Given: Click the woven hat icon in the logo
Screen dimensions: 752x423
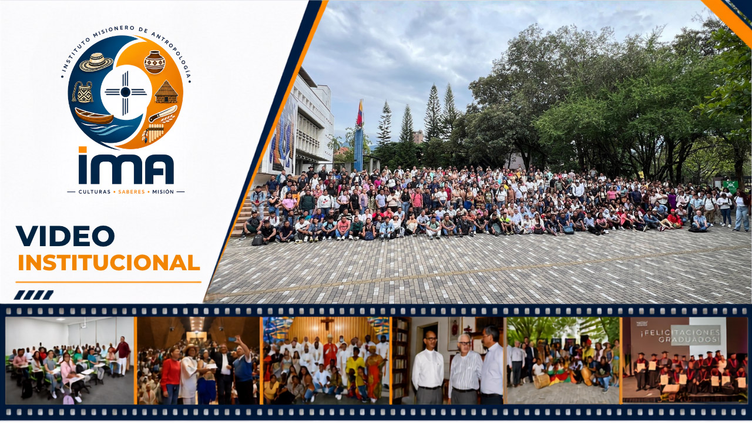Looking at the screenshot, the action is click(x=96, y=62).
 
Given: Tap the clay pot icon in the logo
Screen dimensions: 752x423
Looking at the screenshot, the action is click(x=155, y=62).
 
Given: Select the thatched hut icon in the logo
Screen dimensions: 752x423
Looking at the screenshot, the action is click(x=166, y=92).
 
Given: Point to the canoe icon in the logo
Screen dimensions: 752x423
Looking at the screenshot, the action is click(x=94, y=116).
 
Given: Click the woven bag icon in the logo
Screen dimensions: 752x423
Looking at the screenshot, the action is click(x=83, y=92).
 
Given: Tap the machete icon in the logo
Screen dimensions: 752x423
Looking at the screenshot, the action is click(x=163, y=113).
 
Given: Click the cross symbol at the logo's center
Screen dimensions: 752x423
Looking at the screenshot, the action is click(x=126, y=92).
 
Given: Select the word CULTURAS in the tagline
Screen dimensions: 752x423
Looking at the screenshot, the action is click(x=95, y=192).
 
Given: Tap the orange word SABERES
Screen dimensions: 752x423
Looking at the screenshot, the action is click(x=132, y=192).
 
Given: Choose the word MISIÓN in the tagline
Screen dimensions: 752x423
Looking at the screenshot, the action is click(x=163, y=192).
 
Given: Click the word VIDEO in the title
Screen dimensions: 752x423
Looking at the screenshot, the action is click(x=65, y=236).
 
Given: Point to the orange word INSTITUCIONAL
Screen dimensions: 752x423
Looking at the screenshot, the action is click(x=109, y=263).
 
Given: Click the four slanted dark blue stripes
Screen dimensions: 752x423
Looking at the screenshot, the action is click(x=33, y=295).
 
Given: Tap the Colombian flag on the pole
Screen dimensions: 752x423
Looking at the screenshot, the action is click(x=360, y=113).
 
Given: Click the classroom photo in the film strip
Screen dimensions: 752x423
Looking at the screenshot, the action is click(x=69, y=361).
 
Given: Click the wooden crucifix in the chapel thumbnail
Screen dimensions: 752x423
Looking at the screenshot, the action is click(x=327, y=324).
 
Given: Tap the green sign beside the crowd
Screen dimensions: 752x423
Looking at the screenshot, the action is click(x=730, y=186).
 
